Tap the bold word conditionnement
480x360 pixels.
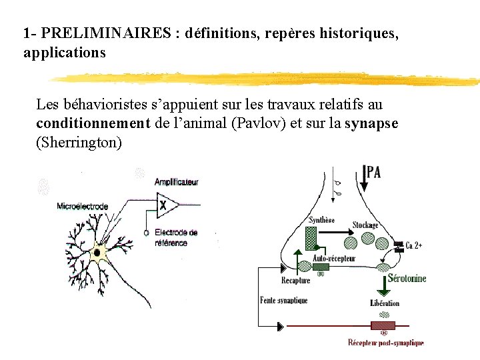93,124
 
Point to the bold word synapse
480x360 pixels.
372,124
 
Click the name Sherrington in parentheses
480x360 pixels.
79,143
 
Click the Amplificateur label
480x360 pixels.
176,181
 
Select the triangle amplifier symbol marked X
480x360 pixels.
166,206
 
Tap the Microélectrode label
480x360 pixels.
83,206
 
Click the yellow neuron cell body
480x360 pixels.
100,252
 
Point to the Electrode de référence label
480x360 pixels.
175,237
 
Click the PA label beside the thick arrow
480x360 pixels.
373,173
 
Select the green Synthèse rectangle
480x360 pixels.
311,237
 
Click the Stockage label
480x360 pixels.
365,225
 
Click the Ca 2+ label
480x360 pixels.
414,245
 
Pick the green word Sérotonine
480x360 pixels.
407,279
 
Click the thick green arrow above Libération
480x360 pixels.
383,285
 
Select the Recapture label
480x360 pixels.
295,281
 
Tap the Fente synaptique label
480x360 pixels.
283,301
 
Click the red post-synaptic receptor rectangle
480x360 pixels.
383,325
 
